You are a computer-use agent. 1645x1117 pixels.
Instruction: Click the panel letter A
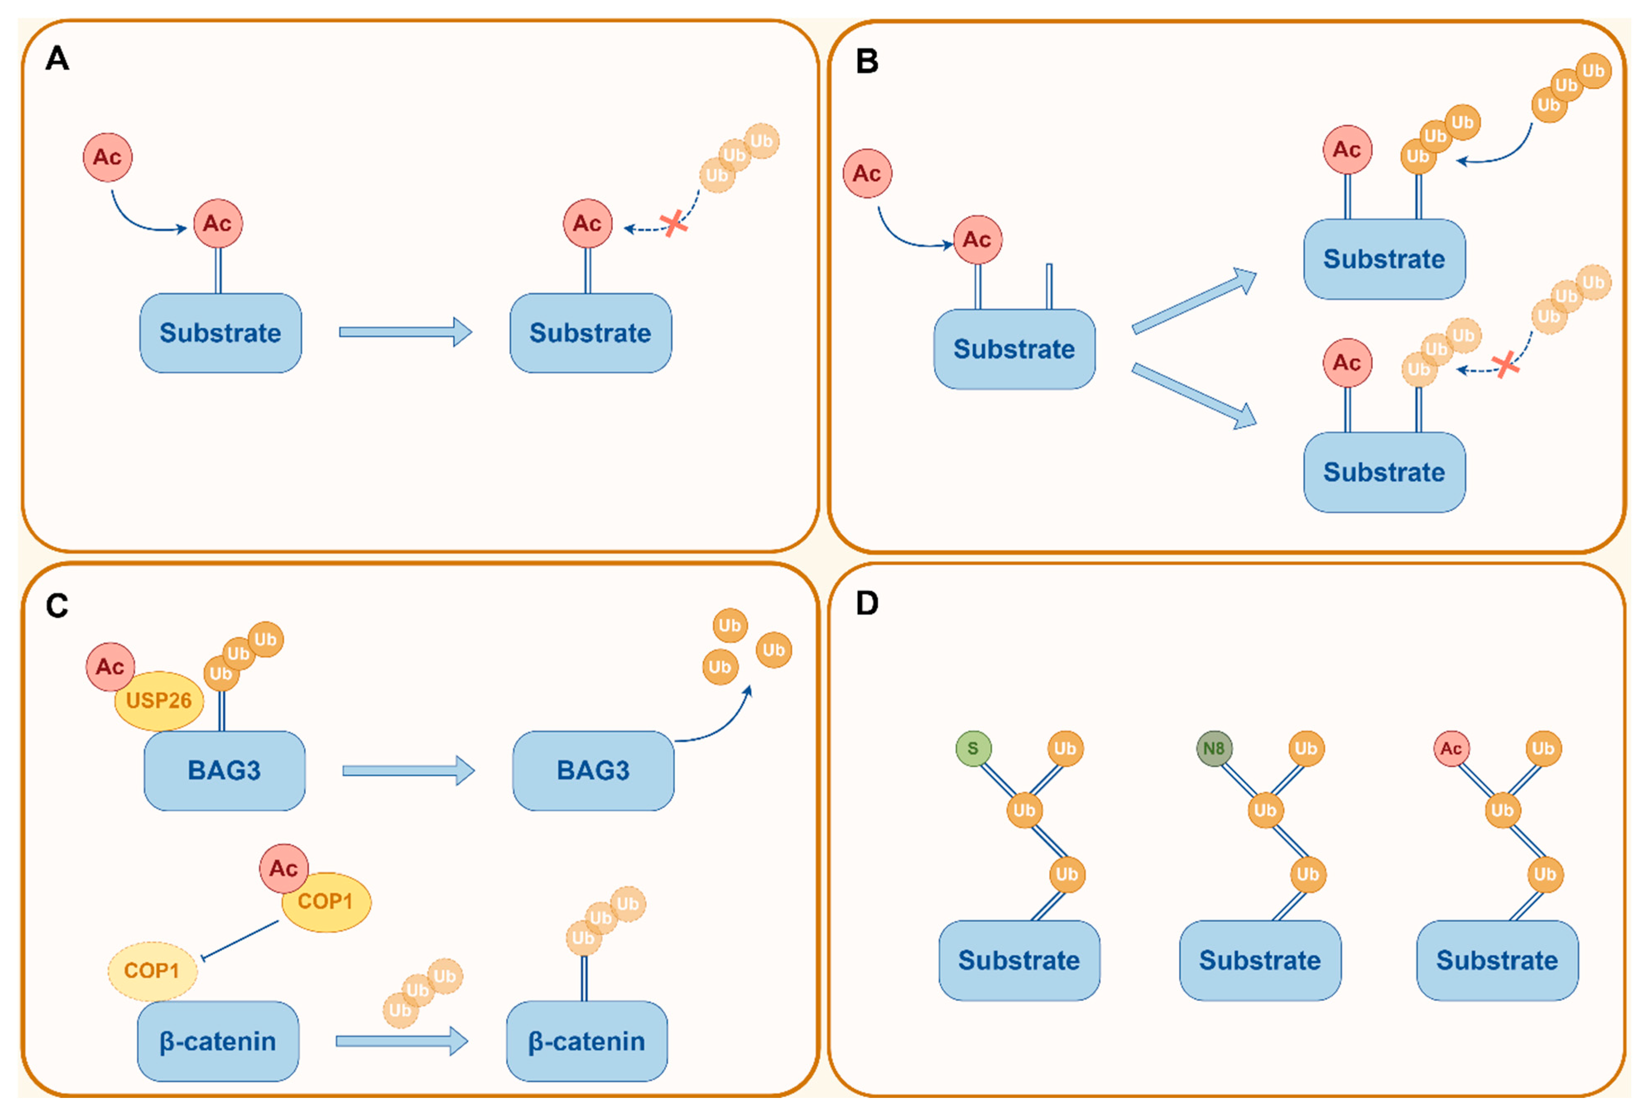[x=58, y=58]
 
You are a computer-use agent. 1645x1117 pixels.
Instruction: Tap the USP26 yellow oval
[x=158, y=701]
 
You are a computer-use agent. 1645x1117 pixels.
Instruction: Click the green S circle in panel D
[x=973, y=748]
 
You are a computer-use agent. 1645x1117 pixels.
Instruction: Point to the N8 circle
[x=1213, y=748]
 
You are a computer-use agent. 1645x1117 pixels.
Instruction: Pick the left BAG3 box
[x=224, y=770]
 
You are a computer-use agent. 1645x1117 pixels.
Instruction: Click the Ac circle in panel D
[x=1451, y=748]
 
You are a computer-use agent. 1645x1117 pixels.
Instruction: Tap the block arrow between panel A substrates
[x=405, y=332]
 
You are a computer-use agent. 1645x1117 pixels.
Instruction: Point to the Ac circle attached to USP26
[x=110, y=666]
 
